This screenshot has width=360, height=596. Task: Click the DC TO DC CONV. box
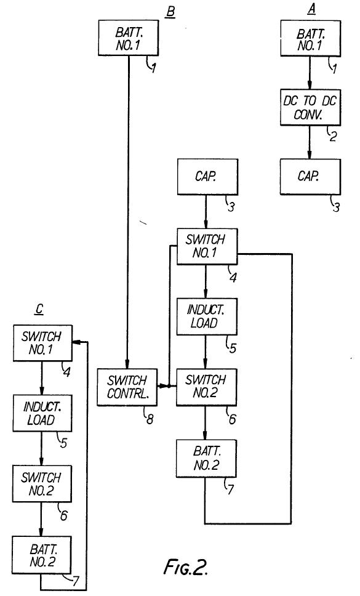[x=310, y=107]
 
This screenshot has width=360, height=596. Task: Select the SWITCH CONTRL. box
[x=127, y=387]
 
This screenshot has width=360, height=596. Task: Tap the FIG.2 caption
[x=186, y=568]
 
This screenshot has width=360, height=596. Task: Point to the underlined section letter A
[x=311, y=9]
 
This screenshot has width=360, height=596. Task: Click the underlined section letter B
[x=170, y=12]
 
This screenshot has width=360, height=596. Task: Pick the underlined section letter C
[x=39, y=310]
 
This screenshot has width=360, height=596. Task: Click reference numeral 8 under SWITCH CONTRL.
[x=150, y=419]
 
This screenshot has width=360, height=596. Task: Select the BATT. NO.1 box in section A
[x=310, y=38]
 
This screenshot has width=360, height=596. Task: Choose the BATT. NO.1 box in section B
[x=129, y=38]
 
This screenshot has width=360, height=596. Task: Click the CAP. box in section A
[x=310, y=177]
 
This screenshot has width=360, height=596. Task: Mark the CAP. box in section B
[x=208, y=177]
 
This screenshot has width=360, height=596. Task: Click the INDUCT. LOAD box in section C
[x=42, y=413]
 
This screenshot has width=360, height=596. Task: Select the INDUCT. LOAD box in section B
[x=207, y=316]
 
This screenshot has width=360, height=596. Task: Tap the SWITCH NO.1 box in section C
[x=42, y=343]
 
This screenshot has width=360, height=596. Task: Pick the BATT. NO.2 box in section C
[x=41, y=555]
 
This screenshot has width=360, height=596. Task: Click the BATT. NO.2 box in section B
[x=206, y=459]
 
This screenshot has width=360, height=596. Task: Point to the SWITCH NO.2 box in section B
[x=206, y=387]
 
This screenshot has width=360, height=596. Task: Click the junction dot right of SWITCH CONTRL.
[x=169, y=386]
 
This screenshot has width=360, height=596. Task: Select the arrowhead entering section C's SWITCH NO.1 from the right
[x=76, y=342]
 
